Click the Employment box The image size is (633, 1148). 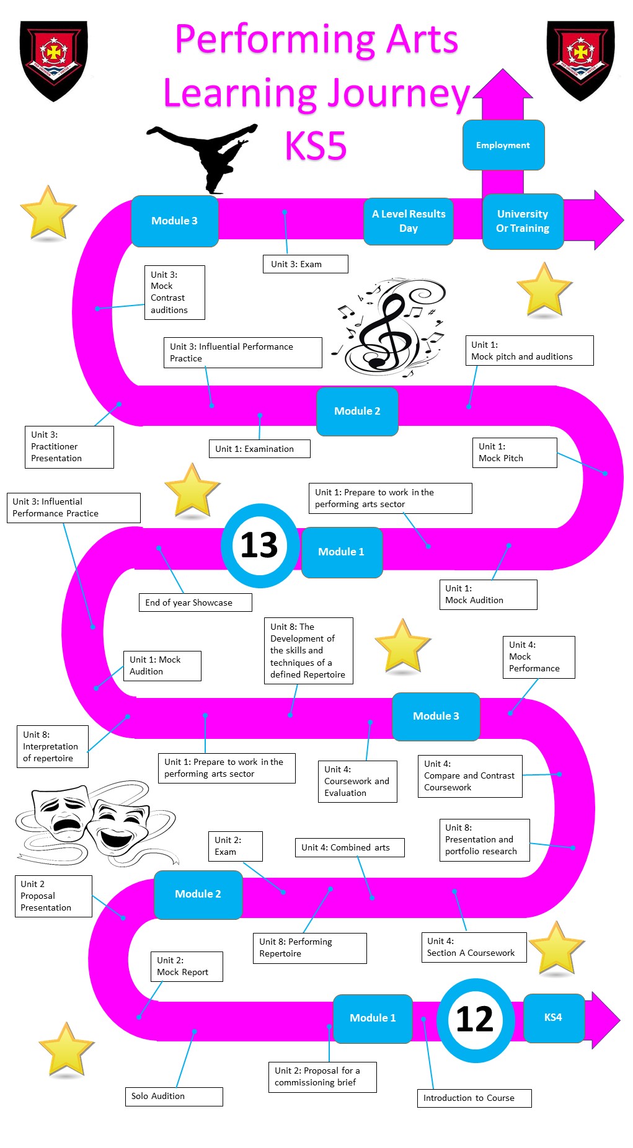pos(503,145)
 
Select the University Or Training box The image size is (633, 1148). pos(523,221)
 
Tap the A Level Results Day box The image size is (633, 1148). pos(409,221)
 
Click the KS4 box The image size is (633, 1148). pos(554,1018)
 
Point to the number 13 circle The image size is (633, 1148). pos(260,545)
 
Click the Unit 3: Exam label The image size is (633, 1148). pos(305,264)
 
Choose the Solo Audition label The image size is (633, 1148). pos(174,1096)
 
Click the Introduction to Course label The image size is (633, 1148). pos(474,1098)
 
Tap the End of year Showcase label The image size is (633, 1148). pos(195,603)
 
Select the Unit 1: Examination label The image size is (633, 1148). pos(259,449)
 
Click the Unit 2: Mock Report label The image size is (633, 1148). pos(187,966)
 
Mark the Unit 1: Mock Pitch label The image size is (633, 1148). pos(515,453)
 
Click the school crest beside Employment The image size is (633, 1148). pos(580,60)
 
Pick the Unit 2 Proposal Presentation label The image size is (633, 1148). pos(53,896)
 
